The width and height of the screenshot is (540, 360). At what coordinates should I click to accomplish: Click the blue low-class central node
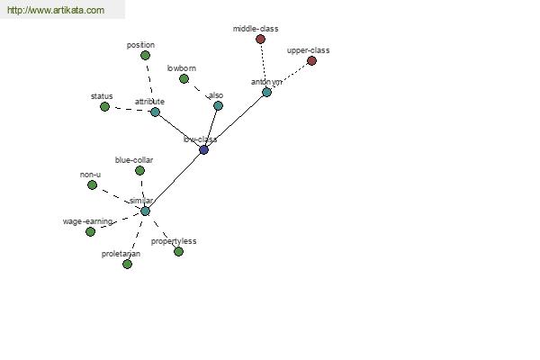coord(204,150)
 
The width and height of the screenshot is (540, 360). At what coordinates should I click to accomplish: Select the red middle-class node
coord(260,40)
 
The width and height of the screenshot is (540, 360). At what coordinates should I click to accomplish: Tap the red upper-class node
coord(311,61)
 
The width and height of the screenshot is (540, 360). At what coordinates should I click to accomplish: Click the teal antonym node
coord(267,93)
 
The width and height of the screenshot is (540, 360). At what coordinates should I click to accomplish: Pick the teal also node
coord(218,106)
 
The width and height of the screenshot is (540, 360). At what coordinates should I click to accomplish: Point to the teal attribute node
coord(156,112)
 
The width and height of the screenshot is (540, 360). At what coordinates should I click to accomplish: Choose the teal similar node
coord(145,211)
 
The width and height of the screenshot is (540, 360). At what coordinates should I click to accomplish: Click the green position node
coord(145,56)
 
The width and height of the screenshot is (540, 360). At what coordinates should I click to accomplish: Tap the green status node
coord(104,107)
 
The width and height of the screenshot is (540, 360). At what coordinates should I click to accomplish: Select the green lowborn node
coord(184,79)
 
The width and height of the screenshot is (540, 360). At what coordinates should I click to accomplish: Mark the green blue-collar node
coord(139,170)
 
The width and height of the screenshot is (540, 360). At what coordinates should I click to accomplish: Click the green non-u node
coord(92,185)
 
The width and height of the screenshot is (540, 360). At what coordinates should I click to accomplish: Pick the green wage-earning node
coord(90,232)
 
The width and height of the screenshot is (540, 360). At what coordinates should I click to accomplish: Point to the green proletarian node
coord(127,265)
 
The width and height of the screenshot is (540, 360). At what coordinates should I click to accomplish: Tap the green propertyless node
coord(178,252)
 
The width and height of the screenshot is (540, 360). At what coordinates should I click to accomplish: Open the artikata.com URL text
coord(56,10)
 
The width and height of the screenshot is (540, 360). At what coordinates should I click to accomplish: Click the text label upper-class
coord(308,50)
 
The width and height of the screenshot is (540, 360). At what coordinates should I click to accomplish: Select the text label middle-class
coord(256,29)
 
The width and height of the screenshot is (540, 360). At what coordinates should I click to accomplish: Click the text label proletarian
coord(121,254)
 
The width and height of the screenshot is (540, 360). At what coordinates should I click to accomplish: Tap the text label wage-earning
coord(87,221)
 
